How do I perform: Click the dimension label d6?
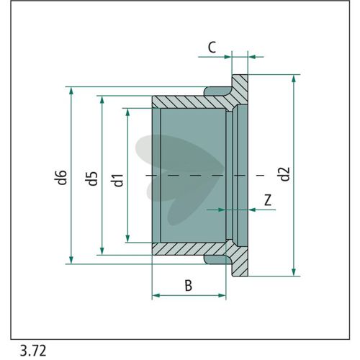[x=63, y=177]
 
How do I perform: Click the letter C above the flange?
[x=212, y=48]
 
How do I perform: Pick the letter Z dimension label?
[x=268, y=200]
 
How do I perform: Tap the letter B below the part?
[x=189, y=286]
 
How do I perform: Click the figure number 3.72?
[x=33, y=351]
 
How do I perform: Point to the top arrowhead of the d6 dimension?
[x=71, y=91]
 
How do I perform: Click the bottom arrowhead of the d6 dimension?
[x=71, y=259]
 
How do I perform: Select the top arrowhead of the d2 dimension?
[x=294, y=78]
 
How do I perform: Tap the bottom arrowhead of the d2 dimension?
[x=294, y=271]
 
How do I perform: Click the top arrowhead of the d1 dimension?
[x=127, y=113]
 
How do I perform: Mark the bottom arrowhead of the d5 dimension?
[x=102, y=251]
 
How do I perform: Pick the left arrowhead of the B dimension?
[x=156, y=295]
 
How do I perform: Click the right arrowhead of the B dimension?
[x=222, y=295]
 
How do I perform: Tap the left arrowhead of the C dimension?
[x=227, y=57]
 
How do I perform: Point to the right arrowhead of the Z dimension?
[x=252, y=210]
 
